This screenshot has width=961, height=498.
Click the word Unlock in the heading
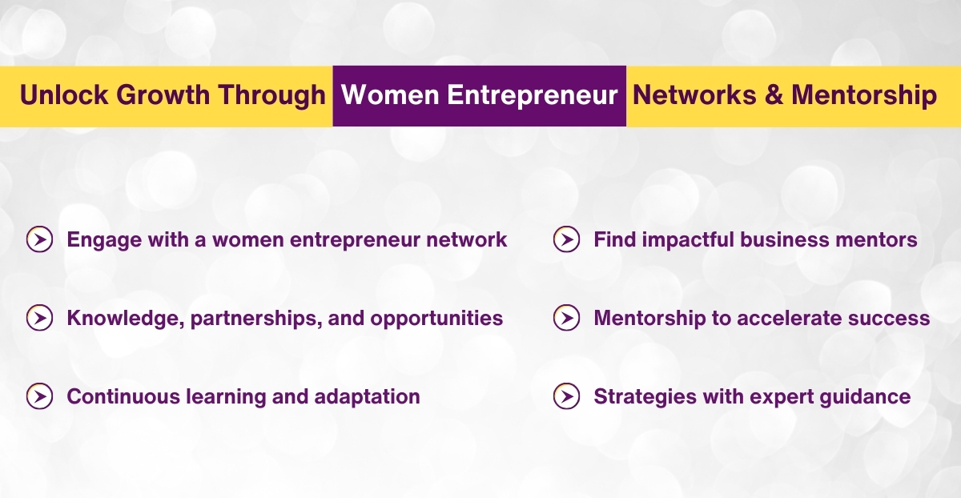[65, 95]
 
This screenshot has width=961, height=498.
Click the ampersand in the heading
[774, 95]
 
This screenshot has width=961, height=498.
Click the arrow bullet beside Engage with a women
[39, 239]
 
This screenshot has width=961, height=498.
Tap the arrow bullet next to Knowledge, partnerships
[39, 318]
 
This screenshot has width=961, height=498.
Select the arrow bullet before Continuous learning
[39, 396]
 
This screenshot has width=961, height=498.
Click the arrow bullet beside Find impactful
[566, 239]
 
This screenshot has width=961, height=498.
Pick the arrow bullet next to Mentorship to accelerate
[566, 318]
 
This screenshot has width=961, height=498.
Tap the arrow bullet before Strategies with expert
[566, 396]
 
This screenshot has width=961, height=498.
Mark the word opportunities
[436, 319]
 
